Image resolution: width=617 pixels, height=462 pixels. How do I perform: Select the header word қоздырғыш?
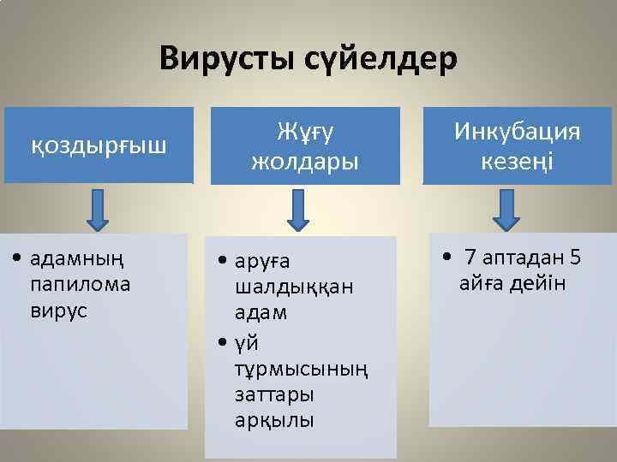point(99,145)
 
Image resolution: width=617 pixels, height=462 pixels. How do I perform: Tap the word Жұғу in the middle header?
point(304,131)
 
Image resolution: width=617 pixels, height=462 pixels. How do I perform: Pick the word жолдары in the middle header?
point(304,161)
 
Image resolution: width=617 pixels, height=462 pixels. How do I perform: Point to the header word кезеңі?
point(517,161)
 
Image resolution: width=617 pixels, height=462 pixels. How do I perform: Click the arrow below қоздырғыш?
point(98,210)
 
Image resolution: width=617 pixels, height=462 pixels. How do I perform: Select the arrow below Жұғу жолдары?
point(297,210)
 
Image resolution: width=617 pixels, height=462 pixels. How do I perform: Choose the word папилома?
point(80,284)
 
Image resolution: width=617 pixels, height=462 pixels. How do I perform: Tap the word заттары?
point(274,395)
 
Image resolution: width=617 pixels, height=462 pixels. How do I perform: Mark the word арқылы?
point(274,422)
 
